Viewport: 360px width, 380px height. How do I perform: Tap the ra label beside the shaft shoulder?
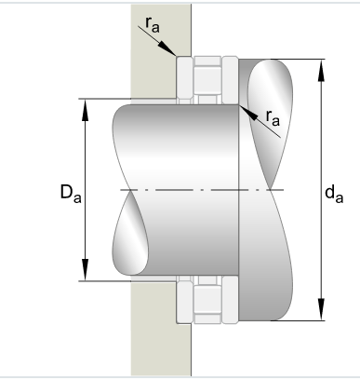273,116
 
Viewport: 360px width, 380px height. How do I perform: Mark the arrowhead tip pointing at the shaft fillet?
239,105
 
